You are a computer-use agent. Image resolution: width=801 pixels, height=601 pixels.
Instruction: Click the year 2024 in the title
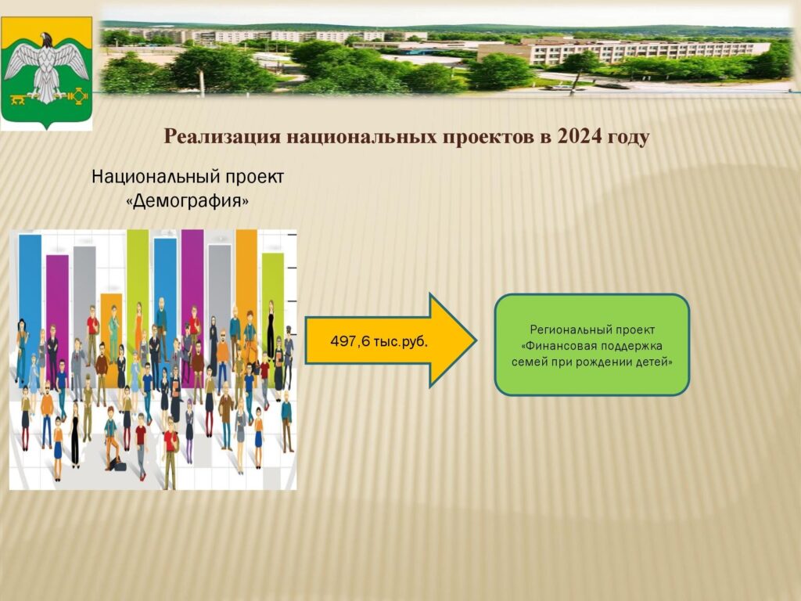(x=580, y=136)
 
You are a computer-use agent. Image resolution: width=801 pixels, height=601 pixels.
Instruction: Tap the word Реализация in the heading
(x=221, y=137)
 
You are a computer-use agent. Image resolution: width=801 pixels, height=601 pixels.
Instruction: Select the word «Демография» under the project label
(x=188, y=201)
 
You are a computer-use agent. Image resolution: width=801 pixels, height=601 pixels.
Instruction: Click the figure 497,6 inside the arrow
(x=350, y=341)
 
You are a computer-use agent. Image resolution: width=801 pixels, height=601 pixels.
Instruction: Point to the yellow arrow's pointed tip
(x=476, y=340)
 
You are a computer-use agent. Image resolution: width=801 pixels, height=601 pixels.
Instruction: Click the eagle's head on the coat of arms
(x=46, y=39)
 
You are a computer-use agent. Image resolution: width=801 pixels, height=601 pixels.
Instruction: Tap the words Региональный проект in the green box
(x=592, y=329)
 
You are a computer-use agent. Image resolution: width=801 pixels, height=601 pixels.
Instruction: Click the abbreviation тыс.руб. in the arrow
(x=400, y=341)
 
